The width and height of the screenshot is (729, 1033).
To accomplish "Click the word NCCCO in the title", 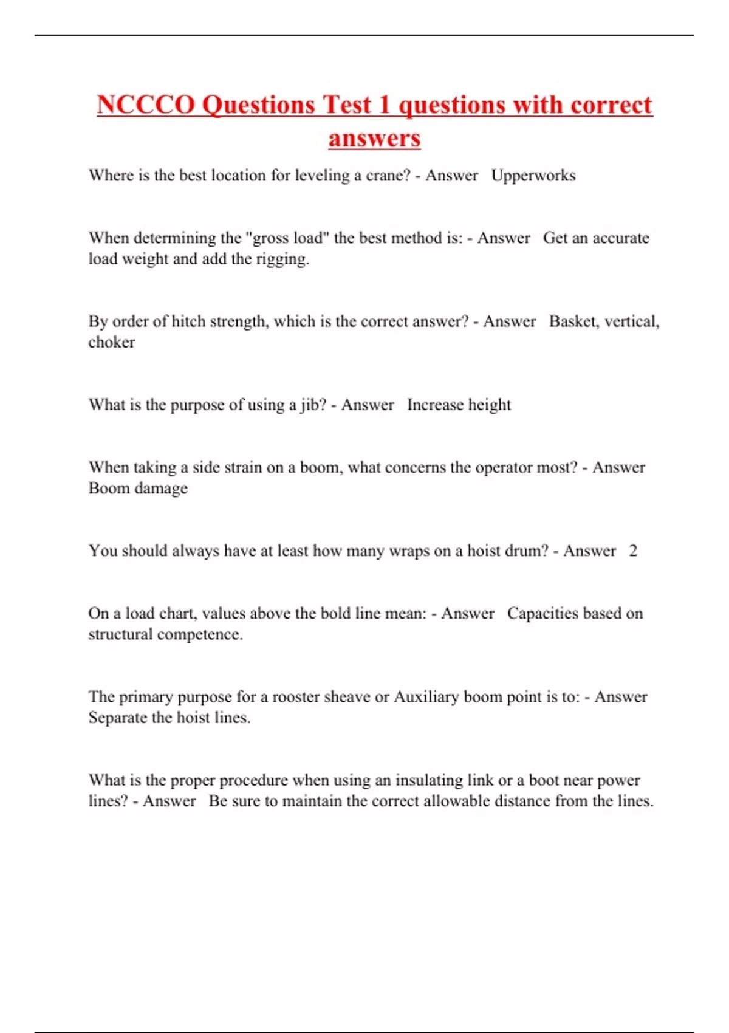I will pos(146,105).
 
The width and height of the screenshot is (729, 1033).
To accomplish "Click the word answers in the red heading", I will pos(374,139).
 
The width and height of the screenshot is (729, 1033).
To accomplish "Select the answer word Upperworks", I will pos(533,176).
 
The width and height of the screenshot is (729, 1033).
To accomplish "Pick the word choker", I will pos(112,342).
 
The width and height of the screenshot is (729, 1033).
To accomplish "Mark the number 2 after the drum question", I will pos(633,551).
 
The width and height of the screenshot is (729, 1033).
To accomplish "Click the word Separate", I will pos(118,718).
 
